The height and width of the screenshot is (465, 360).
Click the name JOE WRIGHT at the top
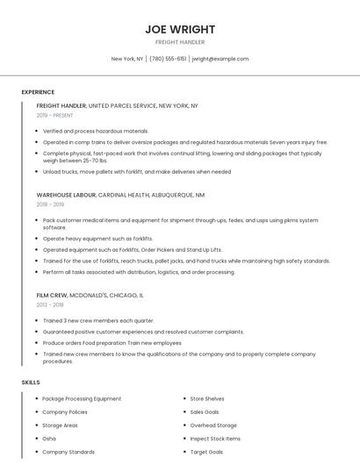[x=180, y=29]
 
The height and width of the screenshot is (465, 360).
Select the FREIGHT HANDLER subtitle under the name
[x=180, y=42]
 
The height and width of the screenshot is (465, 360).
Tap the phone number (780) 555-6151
[x=168, y=59]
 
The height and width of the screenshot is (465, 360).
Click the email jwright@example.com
[x=220, y=59]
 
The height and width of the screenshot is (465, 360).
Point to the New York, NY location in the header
[x=127, y=59]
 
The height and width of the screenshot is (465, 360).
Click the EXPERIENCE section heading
[x=38, y=92]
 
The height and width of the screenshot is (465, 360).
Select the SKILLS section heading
[x=31, y=383]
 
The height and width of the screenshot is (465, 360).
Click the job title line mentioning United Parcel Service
[x=118, y=106]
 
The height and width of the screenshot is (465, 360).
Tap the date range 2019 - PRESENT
[x=55, y=115]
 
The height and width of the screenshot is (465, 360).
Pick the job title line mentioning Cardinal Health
[x=120, y=195]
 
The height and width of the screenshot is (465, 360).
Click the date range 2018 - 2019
[x=50, y=204]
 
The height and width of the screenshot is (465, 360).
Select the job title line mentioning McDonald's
[x=90, y=296]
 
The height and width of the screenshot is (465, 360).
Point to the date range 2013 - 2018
[x=50, y=304]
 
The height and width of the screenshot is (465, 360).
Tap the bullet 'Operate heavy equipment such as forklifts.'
[x=97, y=239]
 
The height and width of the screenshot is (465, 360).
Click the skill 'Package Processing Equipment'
[x=82, y=399]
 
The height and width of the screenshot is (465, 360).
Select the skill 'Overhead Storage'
[x=214, y=425]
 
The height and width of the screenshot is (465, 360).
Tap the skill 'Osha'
[x=49, y=438]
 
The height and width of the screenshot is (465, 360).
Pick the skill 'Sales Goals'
[x=205, y=411]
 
